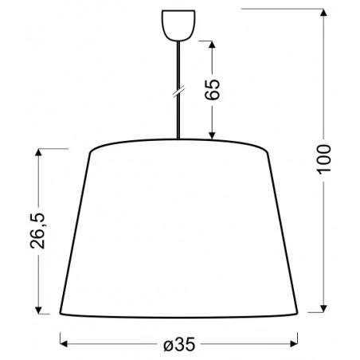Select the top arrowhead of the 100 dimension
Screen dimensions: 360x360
325,14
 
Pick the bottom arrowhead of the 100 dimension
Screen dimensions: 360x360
325,309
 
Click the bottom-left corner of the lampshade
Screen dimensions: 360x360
62,312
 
